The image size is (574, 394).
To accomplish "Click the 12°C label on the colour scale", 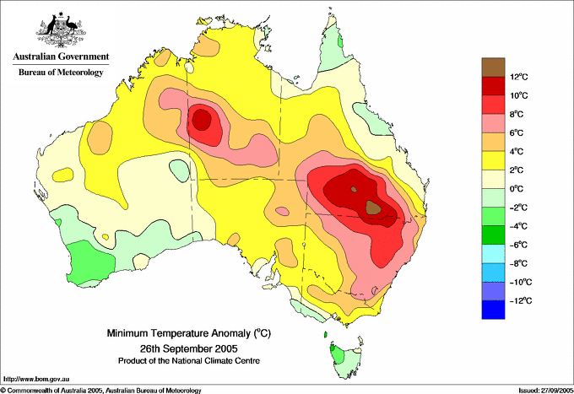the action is (x=519, y=77).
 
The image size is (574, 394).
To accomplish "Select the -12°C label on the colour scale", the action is (x=519, y=300).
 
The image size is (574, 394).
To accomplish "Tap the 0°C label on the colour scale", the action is (x=517, y=189).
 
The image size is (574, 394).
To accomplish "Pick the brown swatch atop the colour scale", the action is (x=493, y=67).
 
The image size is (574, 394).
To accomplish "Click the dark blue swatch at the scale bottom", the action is (x=493, y=310).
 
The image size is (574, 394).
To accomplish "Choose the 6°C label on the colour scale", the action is (x=517, y=132).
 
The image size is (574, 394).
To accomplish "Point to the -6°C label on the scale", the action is (x=517, y=245).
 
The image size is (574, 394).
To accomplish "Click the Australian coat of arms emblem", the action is (x=61, y=30).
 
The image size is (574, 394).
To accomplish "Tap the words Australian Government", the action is (x=61, y=57).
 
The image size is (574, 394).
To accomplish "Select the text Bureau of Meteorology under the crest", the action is (x=61, y=72).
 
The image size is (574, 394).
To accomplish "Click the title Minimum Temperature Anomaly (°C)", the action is (x=189, y=333).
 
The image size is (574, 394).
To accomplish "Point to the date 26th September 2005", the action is (x=189, y=348).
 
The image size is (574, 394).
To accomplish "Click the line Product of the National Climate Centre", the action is (x=189, y=361).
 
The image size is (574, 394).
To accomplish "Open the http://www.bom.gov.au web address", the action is (x=36, y=380).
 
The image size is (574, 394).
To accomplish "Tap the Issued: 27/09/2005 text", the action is (x=546, y=391).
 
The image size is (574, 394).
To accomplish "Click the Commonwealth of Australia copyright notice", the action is (x=100, y=391).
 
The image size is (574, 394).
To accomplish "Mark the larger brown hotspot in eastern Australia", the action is (x=373, y=208).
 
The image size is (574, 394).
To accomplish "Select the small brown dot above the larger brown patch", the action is (x=354, y=190).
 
